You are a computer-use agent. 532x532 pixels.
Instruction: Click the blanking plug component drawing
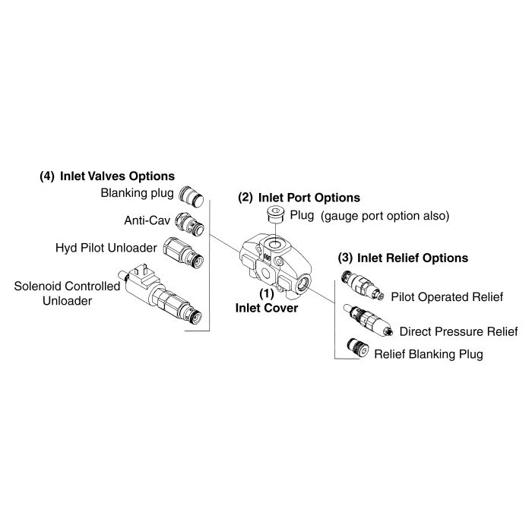(x=191, y=196)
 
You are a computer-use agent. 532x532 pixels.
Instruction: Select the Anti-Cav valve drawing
(x=189, y=223)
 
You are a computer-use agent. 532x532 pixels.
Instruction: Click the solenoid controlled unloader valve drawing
(x=160, y=295)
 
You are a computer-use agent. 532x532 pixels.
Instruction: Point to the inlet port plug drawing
(x=275, y=214)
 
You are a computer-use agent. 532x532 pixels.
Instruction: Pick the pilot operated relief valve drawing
(x=363, y=286)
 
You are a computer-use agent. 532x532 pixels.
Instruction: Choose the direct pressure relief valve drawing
(x=368, y=320)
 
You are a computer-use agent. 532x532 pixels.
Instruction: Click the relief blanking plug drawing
(x=358, y=347)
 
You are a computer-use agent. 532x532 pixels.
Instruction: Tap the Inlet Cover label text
(x=267, y=308)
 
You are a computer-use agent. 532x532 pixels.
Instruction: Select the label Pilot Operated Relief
(x=447, y=297)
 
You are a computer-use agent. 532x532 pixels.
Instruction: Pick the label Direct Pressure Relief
(x=459, y=331)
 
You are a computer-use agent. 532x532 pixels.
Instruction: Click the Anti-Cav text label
(x=147, y=220)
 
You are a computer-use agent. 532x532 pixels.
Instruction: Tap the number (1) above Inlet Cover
(x=267, y=294)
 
